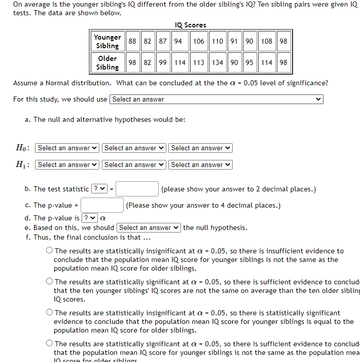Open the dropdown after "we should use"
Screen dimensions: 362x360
coord(217,100)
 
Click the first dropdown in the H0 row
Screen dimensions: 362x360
coord(67,148)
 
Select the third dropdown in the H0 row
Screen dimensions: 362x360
coord(200,148)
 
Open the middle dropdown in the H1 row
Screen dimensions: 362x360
coord(134,164)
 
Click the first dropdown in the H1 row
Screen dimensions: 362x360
coord(67,164)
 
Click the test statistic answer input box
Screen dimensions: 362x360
coord(137,189)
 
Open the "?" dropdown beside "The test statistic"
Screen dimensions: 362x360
coord(98,189)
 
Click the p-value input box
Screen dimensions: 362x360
coord(102,205)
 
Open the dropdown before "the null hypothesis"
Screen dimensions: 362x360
coord(149,228)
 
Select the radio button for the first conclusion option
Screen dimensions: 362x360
coord(49,251)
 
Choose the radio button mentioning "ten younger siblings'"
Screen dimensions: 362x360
coord(49,282)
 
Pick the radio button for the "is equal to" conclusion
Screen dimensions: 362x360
coord(49,313)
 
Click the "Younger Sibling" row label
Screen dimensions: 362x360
coord(107,41)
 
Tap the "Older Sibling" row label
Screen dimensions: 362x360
coord(107,62)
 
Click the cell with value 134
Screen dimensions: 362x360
coord(218,62)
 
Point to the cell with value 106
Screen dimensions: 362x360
coord(199,41)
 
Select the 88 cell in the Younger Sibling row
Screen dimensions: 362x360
coord(133,41)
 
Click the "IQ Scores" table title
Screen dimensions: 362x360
coord(190,25)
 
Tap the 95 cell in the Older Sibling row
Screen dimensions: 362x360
coord(249,62)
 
